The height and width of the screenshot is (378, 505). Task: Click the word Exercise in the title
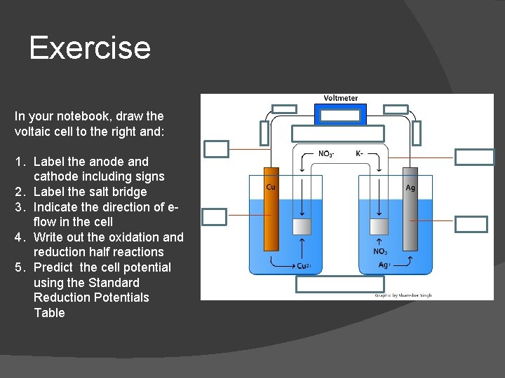tap(90, 48)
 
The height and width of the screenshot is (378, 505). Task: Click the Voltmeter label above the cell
tap(341, 99)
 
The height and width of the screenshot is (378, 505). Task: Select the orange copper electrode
tap(271, 210)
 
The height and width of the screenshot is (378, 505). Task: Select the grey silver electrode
tap(410, 217)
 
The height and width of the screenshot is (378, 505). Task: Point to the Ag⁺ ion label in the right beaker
tap(384, 265)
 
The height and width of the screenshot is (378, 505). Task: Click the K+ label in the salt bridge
tap(360, 153)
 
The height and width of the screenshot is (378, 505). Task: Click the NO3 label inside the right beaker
tap(380, 251)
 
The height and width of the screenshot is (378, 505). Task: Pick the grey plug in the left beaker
tap(302, 227)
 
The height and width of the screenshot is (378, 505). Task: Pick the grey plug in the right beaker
tap(379, 227)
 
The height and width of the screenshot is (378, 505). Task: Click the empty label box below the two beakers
tap(340, 283)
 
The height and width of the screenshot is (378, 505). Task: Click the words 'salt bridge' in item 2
tap(120, 192)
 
